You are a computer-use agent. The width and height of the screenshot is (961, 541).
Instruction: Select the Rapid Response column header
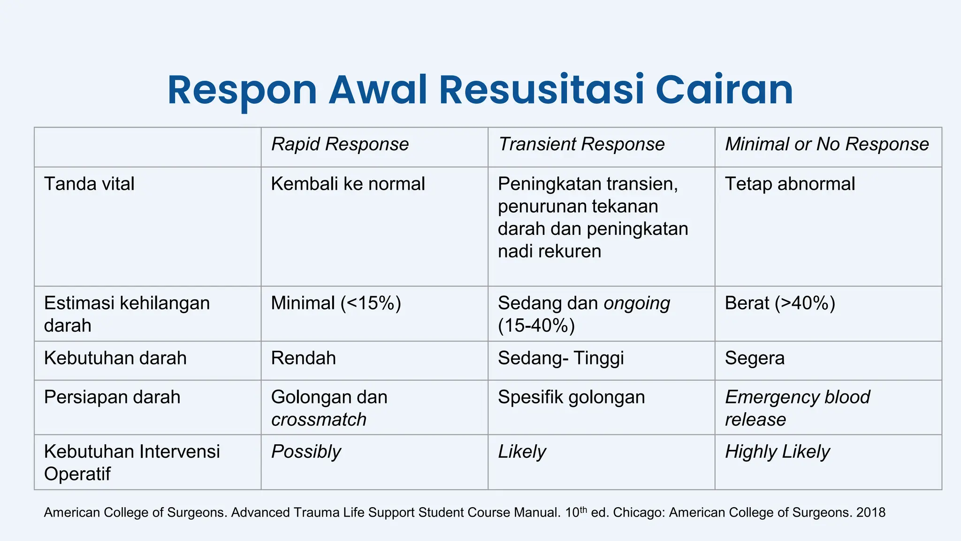coord(340,144)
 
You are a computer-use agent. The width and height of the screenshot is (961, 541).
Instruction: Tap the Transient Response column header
coord(581,144)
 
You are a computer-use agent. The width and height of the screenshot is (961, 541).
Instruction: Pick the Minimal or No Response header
coord(826,144)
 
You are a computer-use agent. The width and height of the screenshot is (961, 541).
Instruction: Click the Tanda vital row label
coord(89,184)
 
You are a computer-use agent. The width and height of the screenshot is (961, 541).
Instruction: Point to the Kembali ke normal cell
coord(348,184)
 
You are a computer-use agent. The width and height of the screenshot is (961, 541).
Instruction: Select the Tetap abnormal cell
coord(790,184)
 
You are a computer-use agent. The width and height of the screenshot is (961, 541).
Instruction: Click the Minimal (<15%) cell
coord(336,303)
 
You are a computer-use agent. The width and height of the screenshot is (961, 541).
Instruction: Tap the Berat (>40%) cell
coord(780,303)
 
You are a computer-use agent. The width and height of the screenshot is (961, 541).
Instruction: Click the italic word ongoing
coord(637,303)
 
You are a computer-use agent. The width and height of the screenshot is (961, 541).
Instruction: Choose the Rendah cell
coord(303,358)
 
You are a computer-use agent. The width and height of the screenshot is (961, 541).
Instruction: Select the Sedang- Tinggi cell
coord(561,358)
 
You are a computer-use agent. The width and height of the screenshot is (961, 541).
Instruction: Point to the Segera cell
coord(755,358)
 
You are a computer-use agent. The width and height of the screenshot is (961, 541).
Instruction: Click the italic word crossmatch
coord(319,419)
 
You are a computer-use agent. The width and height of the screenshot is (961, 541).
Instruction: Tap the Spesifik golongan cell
coord(571,397)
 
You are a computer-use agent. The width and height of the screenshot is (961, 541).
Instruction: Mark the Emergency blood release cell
coord(797,408)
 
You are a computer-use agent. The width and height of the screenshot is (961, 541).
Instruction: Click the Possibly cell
coord(306,452)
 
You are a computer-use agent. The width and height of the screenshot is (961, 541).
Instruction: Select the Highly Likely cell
coord(777,452)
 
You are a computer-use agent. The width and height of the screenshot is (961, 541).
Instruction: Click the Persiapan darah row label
coord(112,397)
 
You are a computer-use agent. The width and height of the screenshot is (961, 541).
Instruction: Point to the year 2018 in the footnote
coord(870,512)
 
